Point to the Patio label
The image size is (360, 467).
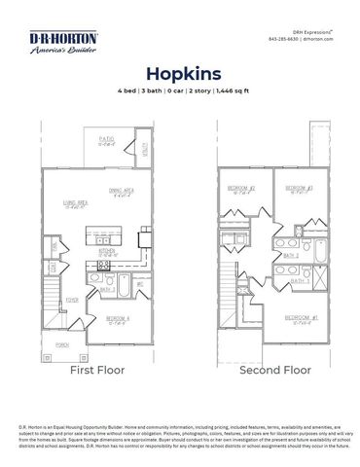click(106, 139)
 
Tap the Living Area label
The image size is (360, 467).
click(77, 201)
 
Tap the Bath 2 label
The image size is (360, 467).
click(290, 256)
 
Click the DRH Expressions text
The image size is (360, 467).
click(310, 30)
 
